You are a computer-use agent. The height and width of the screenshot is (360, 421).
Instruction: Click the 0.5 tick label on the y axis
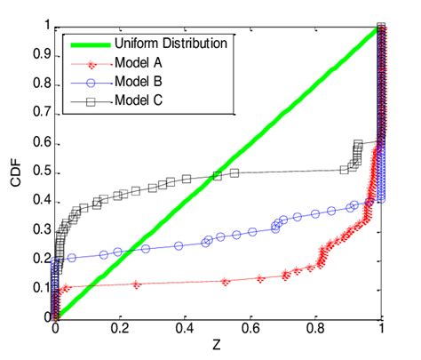[x=38, y=172]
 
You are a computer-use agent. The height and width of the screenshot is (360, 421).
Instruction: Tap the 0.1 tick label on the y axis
[x=38, y=287]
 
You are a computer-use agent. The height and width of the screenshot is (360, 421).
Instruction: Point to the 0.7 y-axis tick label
[x=38, y=114]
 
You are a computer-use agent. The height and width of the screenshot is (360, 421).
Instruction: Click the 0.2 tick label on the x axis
[x=120, y=331]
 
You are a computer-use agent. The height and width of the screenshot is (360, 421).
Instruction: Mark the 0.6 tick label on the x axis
[x=250, y=331]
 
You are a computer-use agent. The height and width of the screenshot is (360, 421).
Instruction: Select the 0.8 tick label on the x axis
[x=315, y=331]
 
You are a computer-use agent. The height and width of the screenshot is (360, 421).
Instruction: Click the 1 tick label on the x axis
[x=381, y=331]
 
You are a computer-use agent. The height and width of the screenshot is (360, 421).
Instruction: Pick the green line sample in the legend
[x=87, y=43]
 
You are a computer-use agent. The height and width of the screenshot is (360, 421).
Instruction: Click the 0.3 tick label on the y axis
[x=38, y=229]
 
